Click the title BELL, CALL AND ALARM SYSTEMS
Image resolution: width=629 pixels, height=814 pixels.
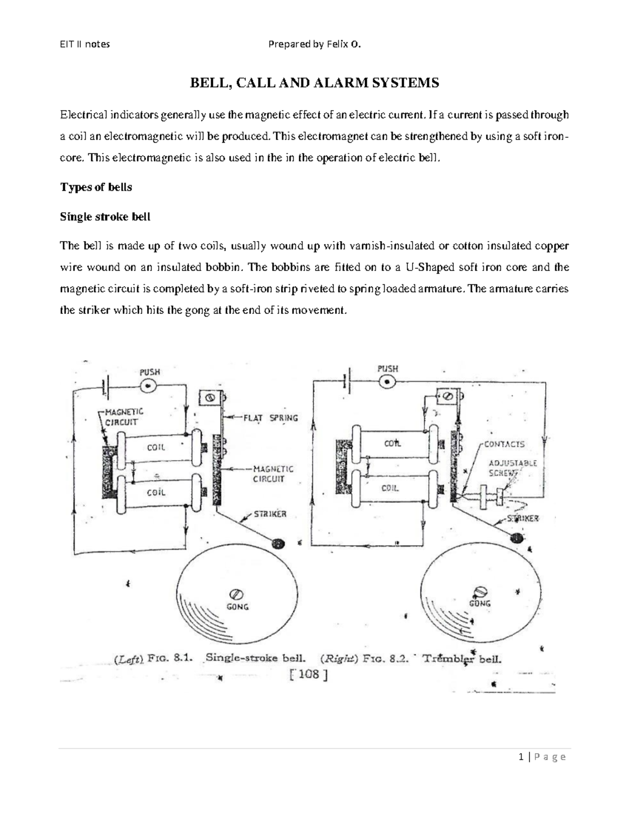pos(314,83)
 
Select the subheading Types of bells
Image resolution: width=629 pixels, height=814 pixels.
pos(96,187)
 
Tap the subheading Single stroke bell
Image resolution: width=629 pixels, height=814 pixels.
pos(105,216)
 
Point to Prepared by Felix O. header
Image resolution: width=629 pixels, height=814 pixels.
pos(314,45)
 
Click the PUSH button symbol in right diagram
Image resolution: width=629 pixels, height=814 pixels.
pos(388,383)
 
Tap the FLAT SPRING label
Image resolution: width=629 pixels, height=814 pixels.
pos(270,418)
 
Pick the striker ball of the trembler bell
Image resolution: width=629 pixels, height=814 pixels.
pos(518,538)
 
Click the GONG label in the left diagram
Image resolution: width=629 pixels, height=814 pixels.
pos(237,606)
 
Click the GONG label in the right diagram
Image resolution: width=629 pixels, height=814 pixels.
pos(480,603)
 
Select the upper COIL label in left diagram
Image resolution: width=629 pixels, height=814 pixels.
pos(156,448)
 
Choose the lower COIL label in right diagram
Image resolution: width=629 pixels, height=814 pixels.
pos(390,488)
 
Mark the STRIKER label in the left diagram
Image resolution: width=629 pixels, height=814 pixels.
pos(270,514)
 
